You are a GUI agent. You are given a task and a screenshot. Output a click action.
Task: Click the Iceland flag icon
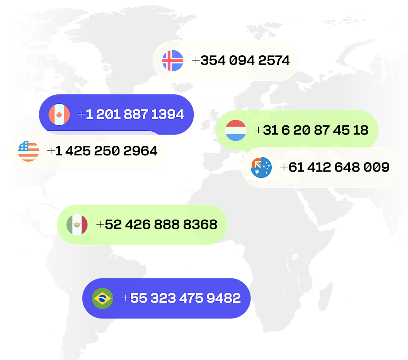coord(173,60)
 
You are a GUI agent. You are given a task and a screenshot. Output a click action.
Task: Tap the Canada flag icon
coord(59,114)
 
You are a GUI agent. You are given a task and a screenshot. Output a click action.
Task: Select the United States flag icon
coord(28,151)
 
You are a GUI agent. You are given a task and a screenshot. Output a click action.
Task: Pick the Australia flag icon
coord(261,168)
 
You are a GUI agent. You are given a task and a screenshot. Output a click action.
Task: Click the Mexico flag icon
coord(77,224)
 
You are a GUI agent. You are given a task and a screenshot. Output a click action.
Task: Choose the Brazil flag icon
coord(102,298)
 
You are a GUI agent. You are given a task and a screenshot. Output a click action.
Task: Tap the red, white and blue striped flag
coord(236,130)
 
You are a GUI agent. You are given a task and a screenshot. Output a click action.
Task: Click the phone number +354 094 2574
coord(241,60)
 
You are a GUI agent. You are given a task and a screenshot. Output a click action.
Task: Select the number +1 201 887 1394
coord(131,114)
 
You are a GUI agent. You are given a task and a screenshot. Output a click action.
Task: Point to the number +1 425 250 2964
coord(102,151)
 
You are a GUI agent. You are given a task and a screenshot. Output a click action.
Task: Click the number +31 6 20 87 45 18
coord(311,130)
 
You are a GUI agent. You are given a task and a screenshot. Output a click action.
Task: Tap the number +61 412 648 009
coord(335,168)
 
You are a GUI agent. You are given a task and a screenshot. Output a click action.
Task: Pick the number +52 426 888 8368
coord(157,224)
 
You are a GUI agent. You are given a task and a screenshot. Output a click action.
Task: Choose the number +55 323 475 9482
coord(181,298)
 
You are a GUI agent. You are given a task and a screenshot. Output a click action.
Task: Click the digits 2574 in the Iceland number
coord(274,60)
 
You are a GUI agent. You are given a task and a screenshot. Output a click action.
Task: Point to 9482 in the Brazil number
coord(224,298)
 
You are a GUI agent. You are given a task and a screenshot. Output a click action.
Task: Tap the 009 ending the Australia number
coord(377,168)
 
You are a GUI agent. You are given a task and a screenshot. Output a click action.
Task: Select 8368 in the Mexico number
coord(200,224)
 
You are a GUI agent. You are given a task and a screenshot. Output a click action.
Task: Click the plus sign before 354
coord(196,60)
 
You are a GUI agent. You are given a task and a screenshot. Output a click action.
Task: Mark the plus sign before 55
coord(125,298)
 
